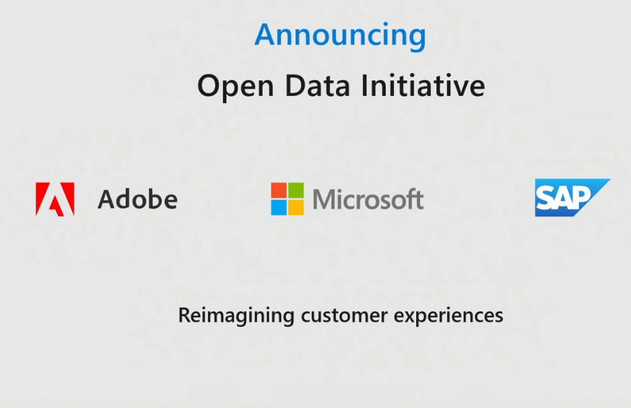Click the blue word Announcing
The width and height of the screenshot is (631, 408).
coord(340,36)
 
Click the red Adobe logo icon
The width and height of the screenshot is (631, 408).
coord(55,199)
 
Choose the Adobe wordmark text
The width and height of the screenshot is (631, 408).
coord(137,199)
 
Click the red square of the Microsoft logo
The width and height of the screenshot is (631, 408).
coord(279,191)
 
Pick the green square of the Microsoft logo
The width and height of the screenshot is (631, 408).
coord(296,191)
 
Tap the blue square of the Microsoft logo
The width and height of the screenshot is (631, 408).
coord(279,207)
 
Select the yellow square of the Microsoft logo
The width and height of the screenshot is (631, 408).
coord(296,207)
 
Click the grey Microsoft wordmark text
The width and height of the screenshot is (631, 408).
coord(368,199)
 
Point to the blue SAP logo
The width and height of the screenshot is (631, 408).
coord(569,198)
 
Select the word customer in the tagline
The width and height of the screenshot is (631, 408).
coord(335,316)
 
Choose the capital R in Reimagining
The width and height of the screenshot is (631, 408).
coord(184,315)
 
